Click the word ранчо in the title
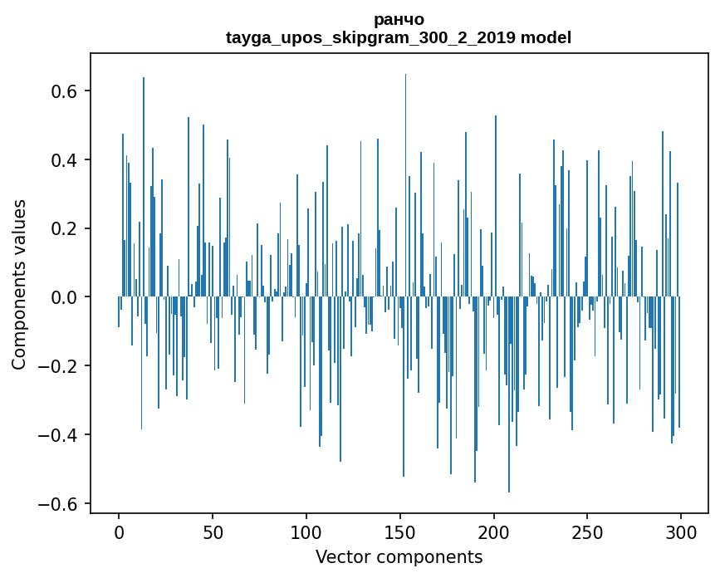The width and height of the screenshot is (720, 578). (x=399, y=20)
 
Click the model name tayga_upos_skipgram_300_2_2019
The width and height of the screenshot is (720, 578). (x=370, y=37)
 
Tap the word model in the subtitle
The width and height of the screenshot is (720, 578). (x=546, y=37)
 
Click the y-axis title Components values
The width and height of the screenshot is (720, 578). (x=19, y=285)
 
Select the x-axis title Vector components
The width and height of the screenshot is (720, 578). (x=399, y=557)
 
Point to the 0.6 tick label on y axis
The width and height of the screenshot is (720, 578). (x=63, y=91)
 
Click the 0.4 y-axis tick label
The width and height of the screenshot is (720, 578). (x=63, y=160)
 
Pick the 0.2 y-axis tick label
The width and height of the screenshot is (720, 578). (x=63, y=228)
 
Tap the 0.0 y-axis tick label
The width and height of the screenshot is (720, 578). (x=63, y=297)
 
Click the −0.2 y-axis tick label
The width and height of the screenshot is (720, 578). (x=57, y=366)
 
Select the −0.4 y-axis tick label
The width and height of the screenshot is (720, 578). (x=57, y=435)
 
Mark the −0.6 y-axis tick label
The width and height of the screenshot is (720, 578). (x=57, y=503)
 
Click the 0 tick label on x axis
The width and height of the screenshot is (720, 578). (x=119, y=533)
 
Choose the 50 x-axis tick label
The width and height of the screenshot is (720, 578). (x=213, y=533)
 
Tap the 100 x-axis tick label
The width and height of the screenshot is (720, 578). (x=306, y=533)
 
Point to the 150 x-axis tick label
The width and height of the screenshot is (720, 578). (x=399, y=533)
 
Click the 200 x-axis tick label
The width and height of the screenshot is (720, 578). (x=493, y=533)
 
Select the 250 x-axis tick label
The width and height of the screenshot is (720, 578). (x=587, y=533)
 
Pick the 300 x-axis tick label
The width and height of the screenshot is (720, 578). (x=680, y=533)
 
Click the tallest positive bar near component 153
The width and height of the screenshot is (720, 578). (x=405, y=185)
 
